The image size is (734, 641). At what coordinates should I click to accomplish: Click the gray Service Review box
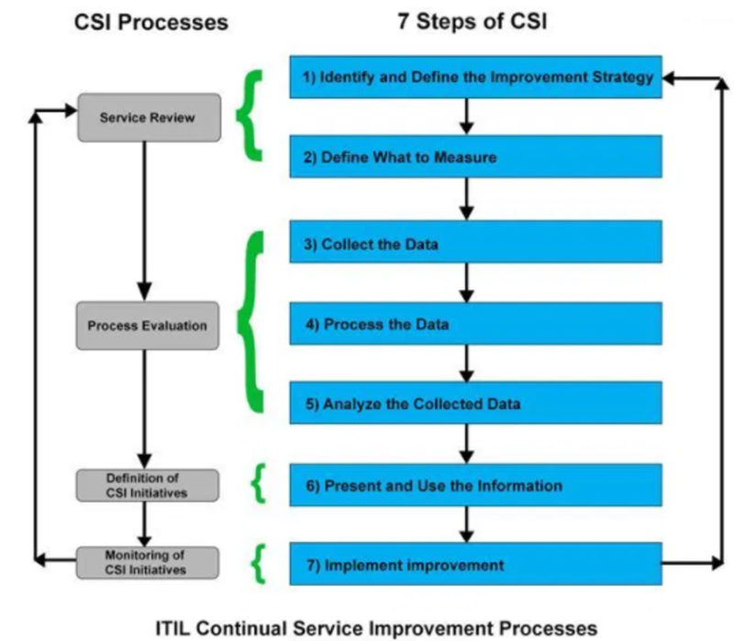point(149,117)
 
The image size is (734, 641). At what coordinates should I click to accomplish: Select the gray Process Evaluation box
point(148,325)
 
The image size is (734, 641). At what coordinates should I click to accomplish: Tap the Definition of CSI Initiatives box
point(148,484)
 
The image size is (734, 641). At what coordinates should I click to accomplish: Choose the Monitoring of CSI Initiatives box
point(148,562)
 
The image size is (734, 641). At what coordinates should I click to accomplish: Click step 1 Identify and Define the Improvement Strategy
point(476,77)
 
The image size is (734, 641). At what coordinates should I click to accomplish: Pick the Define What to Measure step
point(476,157)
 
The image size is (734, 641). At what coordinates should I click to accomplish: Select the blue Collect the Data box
point(476,244)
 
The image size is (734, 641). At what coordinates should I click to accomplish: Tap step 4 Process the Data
point(476,324)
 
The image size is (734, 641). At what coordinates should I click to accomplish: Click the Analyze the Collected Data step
point(476,403)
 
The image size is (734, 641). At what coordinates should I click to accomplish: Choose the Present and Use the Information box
point(476,485)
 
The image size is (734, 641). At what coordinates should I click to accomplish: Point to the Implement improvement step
point(476,564)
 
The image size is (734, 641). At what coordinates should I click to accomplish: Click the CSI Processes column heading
point(150,22)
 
